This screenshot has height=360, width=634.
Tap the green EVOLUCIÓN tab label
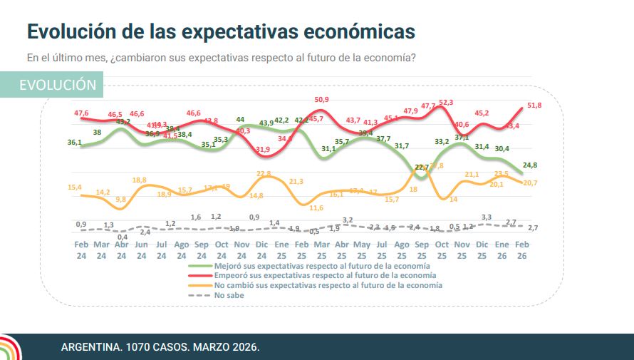tap(58, 85)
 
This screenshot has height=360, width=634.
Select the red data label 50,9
tap(321, 100)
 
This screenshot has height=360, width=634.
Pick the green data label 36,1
tap(75, 143)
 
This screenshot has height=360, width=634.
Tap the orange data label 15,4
tap(75, 187)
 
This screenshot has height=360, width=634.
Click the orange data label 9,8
tap(120, 199)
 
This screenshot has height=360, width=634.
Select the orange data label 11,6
tap(317, 207)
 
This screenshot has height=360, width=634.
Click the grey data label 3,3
tap(487, 217)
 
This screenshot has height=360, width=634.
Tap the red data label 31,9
tap(264, 150)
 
